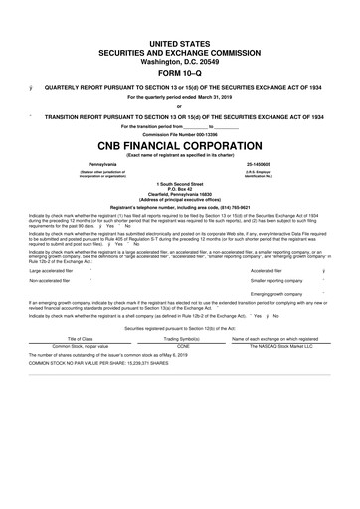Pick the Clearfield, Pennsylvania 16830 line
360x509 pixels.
point(179,198)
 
